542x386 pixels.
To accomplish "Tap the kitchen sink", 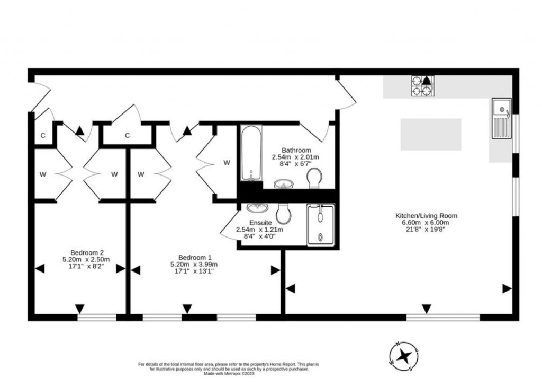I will coord(501,118).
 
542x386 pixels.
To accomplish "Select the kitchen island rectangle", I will coord(430,134).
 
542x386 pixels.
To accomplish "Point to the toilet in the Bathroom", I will coord(314,178).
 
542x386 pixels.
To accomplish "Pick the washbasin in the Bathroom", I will coord(284,184).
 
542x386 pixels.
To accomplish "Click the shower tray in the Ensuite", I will coord(321,225).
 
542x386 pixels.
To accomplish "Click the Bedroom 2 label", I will coord(86,252).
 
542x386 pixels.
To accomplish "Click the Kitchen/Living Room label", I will coord(426,216).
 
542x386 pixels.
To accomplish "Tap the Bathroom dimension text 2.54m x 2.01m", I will coord(295,157).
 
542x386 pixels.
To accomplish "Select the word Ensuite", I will coord(260,223).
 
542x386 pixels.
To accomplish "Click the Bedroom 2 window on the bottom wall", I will coord(97,318).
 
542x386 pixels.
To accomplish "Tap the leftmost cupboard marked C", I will coord(43,135).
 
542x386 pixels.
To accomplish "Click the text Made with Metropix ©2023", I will coord(228,373).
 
